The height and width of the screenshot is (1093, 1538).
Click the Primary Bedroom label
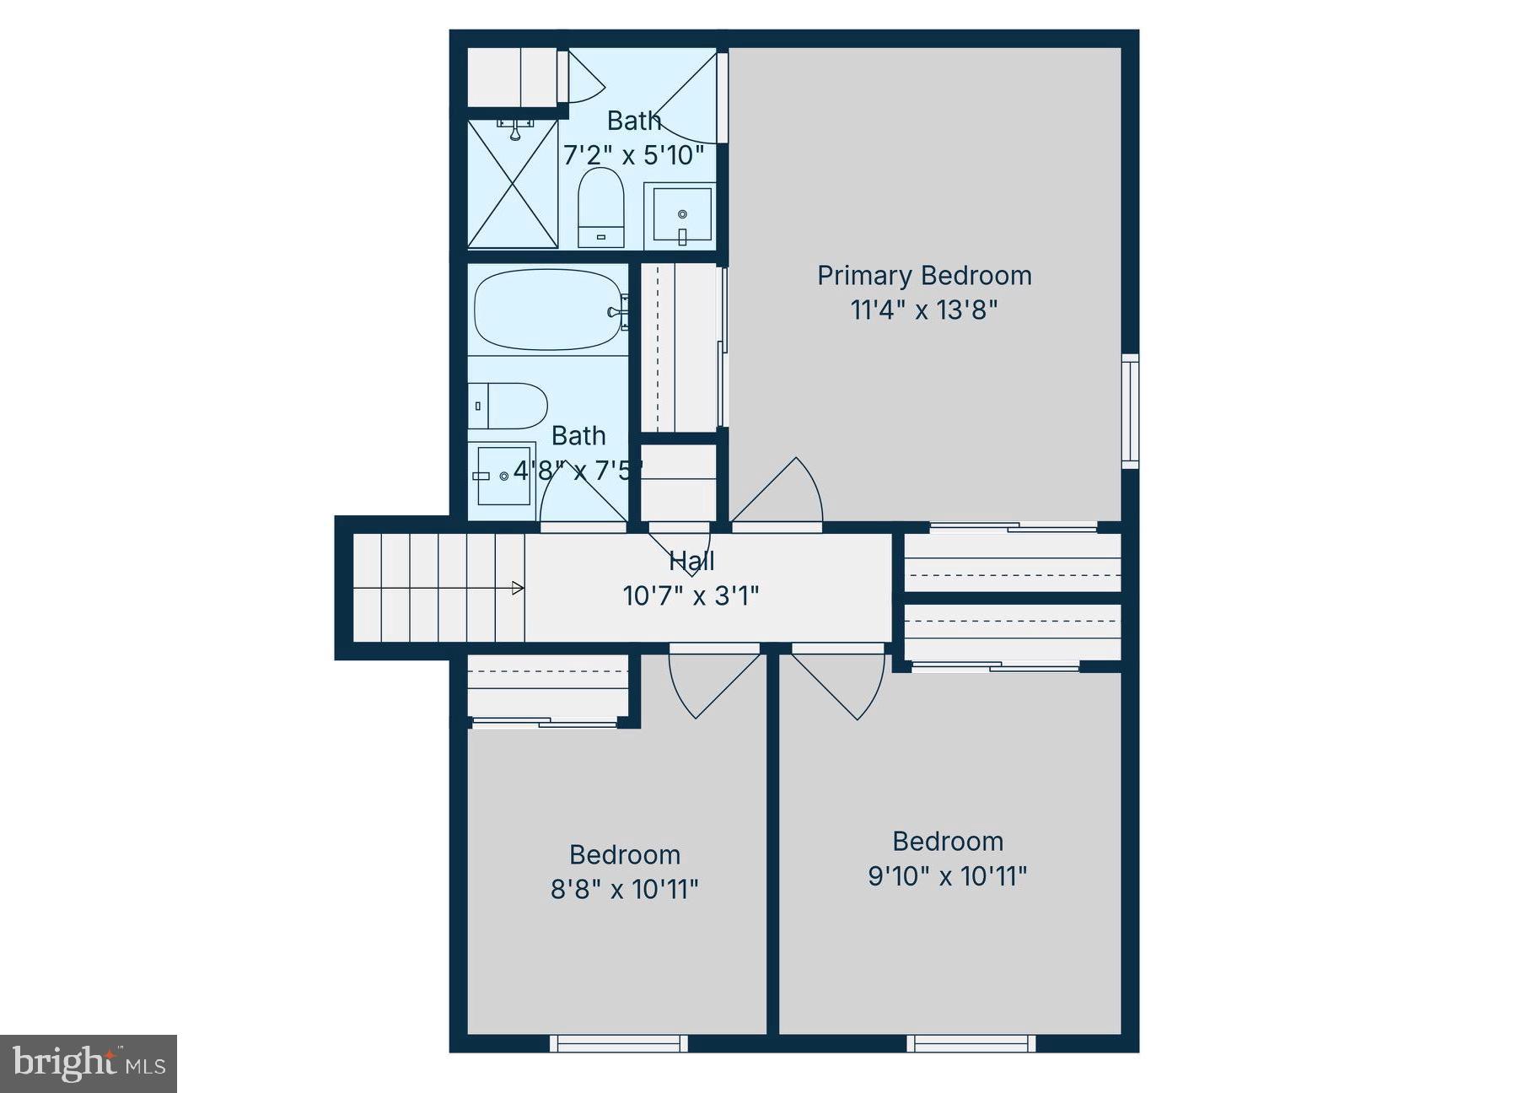[x=924, y=276]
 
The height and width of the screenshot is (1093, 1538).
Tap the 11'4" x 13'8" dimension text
[x=924, y=310]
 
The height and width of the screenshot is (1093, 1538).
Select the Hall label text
[x=691, y=561]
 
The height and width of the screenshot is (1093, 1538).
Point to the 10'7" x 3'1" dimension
[x=691, y=596]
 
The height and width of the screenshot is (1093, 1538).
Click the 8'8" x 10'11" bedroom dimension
[x=624, y=890]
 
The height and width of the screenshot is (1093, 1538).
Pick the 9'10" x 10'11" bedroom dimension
[x=947, y=876]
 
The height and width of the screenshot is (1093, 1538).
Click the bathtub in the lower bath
[x=547, y=310]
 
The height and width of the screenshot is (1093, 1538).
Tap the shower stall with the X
[x=513, y=184]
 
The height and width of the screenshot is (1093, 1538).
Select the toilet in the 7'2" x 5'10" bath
[x=600, y=207]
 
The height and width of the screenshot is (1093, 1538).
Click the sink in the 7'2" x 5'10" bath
[x=681, y=216]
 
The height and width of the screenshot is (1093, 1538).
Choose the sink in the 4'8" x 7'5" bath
[x=503, y=476]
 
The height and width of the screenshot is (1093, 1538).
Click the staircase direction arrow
[x=518, y=588]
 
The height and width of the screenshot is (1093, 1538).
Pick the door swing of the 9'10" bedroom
[x=843, y=681]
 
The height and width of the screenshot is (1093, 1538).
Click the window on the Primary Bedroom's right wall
[x=1130, y=412]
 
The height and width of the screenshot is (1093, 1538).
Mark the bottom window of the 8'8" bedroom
[x=618, y=1043]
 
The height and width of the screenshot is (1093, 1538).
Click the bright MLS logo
[x=88, y=1063]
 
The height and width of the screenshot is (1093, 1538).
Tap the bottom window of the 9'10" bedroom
[x=971, y=1043]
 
